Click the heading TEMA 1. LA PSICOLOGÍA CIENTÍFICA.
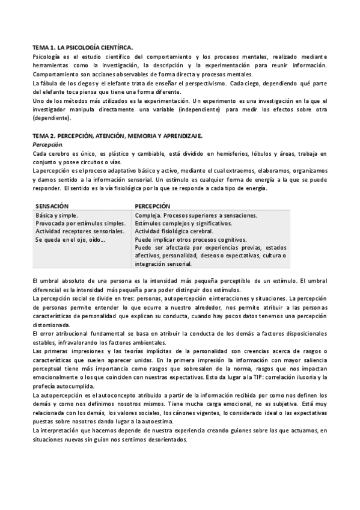(x=83, y=46)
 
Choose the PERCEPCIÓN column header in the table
(x=153, y=206)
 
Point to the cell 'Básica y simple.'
(x=57, y=215)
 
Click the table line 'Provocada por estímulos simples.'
(x=80, y=223)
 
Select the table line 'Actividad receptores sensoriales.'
(x=80, y=231)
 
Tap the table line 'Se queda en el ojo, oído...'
(x=71, y=239)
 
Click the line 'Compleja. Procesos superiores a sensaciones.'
(x=197, y=215)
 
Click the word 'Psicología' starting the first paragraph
(x=47, y=56)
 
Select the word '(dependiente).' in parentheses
(x=52, y=118)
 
